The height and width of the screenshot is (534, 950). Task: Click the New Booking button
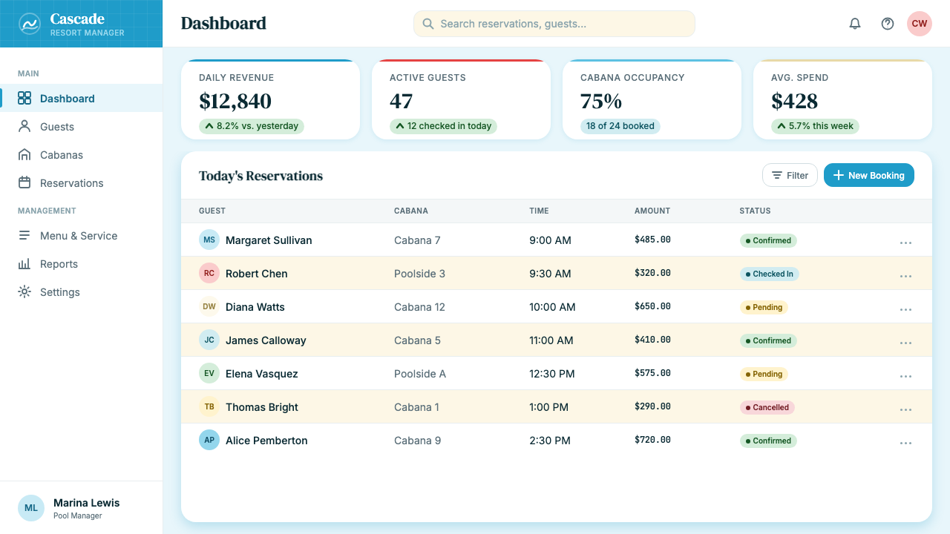tap(868, 175)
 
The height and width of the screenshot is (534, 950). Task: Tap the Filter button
tap(790, 175)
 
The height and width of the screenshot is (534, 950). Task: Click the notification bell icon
tap(854, 24)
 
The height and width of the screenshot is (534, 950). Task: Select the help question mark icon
tap(887, 24)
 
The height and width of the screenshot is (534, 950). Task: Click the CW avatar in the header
tap(919, 24)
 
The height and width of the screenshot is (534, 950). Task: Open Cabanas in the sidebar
tap(62, 155)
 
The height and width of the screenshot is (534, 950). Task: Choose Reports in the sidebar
tap(59, 264)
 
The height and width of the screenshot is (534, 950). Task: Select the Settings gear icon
tap(24, 292)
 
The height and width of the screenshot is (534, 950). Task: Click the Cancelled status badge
tap(767, 407)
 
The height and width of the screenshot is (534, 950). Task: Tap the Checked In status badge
tap(770, 274)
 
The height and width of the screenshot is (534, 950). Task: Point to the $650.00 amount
tap(652, 306)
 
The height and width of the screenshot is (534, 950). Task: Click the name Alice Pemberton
tap(266, 441)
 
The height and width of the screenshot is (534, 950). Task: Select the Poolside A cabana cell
tap(420, 374)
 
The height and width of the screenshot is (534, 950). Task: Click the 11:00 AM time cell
tap(551, 340)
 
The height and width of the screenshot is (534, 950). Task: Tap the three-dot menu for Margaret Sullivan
tap(905, 243)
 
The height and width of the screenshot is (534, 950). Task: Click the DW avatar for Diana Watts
tap(209, 306)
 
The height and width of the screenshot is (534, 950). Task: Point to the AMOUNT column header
tap(652, 211)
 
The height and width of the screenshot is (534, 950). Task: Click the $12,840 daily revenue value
tap(235, 101)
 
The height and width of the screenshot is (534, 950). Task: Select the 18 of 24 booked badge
tap(620, 126)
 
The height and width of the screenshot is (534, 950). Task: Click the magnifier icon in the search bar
tap(428, 24)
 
